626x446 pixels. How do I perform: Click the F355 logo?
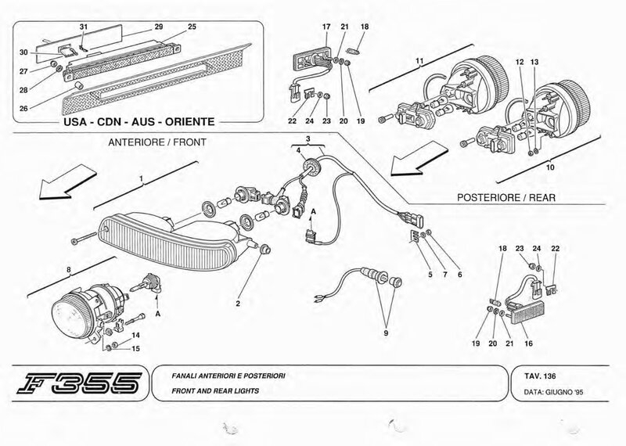tap(80, 383)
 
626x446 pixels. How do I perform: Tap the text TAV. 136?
tap(540, 376)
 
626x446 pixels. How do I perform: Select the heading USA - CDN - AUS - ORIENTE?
tap(139, 121)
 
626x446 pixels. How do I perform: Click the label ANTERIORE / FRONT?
tap(157, 142)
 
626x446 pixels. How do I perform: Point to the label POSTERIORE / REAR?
tap(505, 197)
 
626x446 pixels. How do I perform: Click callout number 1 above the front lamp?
tap(142, 179)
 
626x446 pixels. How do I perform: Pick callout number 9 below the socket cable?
tap(386, 333)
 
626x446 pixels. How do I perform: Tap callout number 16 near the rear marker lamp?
tap(528, 343)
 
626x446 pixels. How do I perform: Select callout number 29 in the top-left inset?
tap(159, 27)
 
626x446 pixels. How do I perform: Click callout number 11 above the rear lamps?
tap(419, 61)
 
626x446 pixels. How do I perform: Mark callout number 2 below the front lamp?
tap(238, 304)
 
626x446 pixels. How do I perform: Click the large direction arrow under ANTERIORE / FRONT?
tap(67, 182)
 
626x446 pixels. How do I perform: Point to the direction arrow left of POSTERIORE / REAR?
tap(419, 160)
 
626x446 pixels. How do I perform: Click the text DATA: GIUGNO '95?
tap(553, 392)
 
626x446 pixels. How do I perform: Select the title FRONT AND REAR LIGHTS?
tap(215, 391)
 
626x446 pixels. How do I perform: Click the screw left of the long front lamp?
tap(84, 238)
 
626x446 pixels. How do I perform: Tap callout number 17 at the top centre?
tap(326, 27)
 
